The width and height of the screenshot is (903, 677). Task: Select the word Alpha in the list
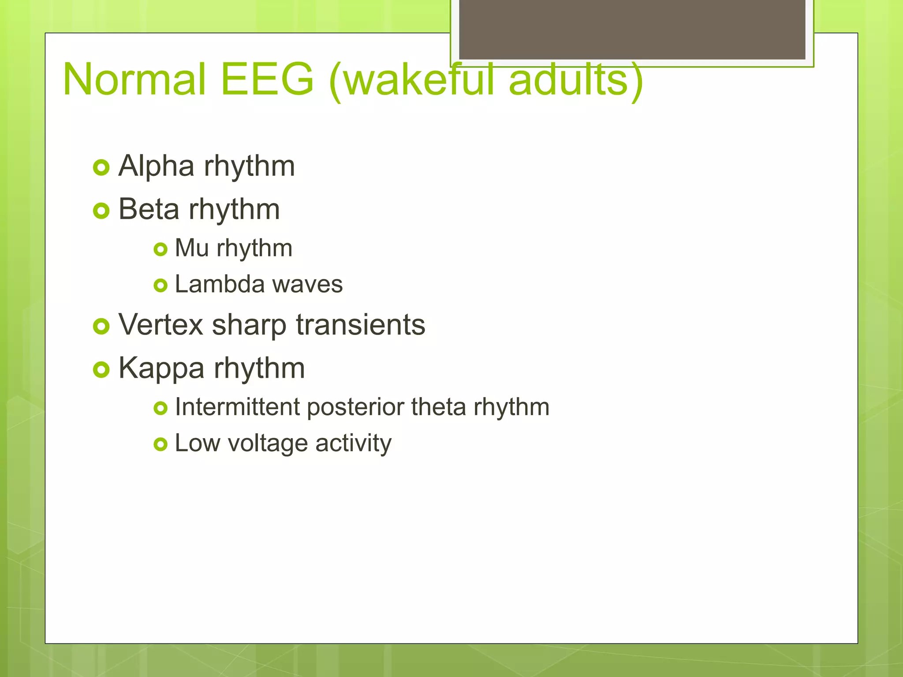point(157,166)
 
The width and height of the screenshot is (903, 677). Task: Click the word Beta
point(149,209)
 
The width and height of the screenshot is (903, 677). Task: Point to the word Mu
point(191,248)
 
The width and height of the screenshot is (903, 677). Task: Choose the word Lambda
point(213,284)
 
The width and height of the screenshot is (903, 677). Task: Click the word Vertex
point(160,325)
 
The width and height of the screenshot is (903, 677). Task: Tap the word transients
point(360,325)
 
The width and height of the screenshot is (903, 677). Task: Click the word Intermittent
point(237,407)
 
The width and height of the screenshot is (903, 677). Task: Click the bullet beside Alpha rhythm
point(101,167)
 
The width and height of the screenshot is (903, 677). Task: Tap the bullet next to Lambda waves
point(160,286)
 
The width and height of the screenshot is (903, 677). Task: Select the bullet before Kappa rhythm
point(101,369)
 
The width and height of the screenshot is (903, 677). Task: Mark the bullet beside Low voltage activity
point(160,444)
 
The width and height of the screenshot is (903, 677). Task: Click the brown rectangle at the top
point(632,29)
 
